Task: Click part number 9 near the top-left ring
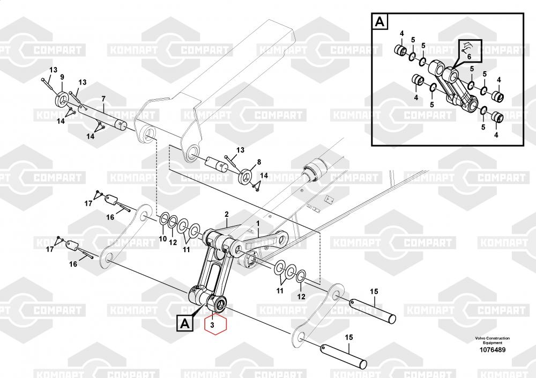pyautogui.click(x=62, y=77)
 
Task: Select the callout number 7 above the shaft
pyautogui.click(x=103, y=99)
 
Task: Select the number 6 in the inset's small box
pyautogui.click(x=468, y=56)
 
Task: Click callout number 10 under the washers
pyautogui.click(x=162, y=239)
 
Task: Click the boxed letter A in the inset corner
pyautogui.click(x=379, y=22)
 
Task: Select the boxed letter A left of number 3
pyautogui.click(x=184, y=323)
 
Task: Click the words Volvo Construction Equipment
pyautogui.click(x=492, y=341)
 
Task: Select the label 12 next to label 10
pyautogui.click(x=173, y=243)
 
